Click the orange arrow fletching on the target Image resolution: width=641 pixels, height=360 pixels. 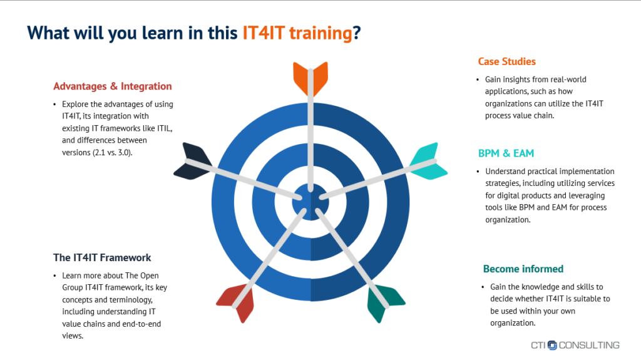coord(310,78)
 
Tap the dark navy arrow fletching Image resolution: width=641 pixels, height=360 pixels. coord(193,161)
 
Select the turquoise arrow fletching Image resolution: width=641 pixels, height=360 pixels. coord(428,161)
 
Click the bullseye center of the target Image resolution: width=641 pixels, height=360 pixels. coord(310,202)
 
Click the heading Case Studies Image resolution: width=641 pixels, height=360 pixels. coord(506,61)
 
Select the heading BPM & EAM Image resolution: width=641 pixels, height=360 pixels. coord(506,153)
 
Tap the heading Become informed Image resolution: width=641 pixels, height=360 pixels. coord(523,269)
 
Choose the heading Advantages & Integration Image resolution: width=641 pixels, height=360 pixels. coord(113,86)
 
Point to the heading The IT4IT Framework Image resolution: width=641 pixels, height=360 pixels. coord(102,258)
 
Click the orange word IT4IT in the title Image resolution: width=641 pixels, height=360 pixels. coord(264,33)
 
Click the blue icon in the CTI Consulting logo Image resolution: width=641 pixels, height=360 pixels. coord(552,345)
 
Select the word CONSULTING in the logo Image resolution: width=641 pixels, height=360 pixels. coord(589,345)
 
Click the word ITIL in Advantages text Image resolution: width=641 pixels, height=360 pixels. coord(165,128)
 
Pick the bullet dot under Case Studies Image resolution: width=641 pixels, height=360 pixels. coord(478,80)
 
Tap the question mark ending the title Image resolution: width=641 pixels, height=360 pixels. coord(357,33)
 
